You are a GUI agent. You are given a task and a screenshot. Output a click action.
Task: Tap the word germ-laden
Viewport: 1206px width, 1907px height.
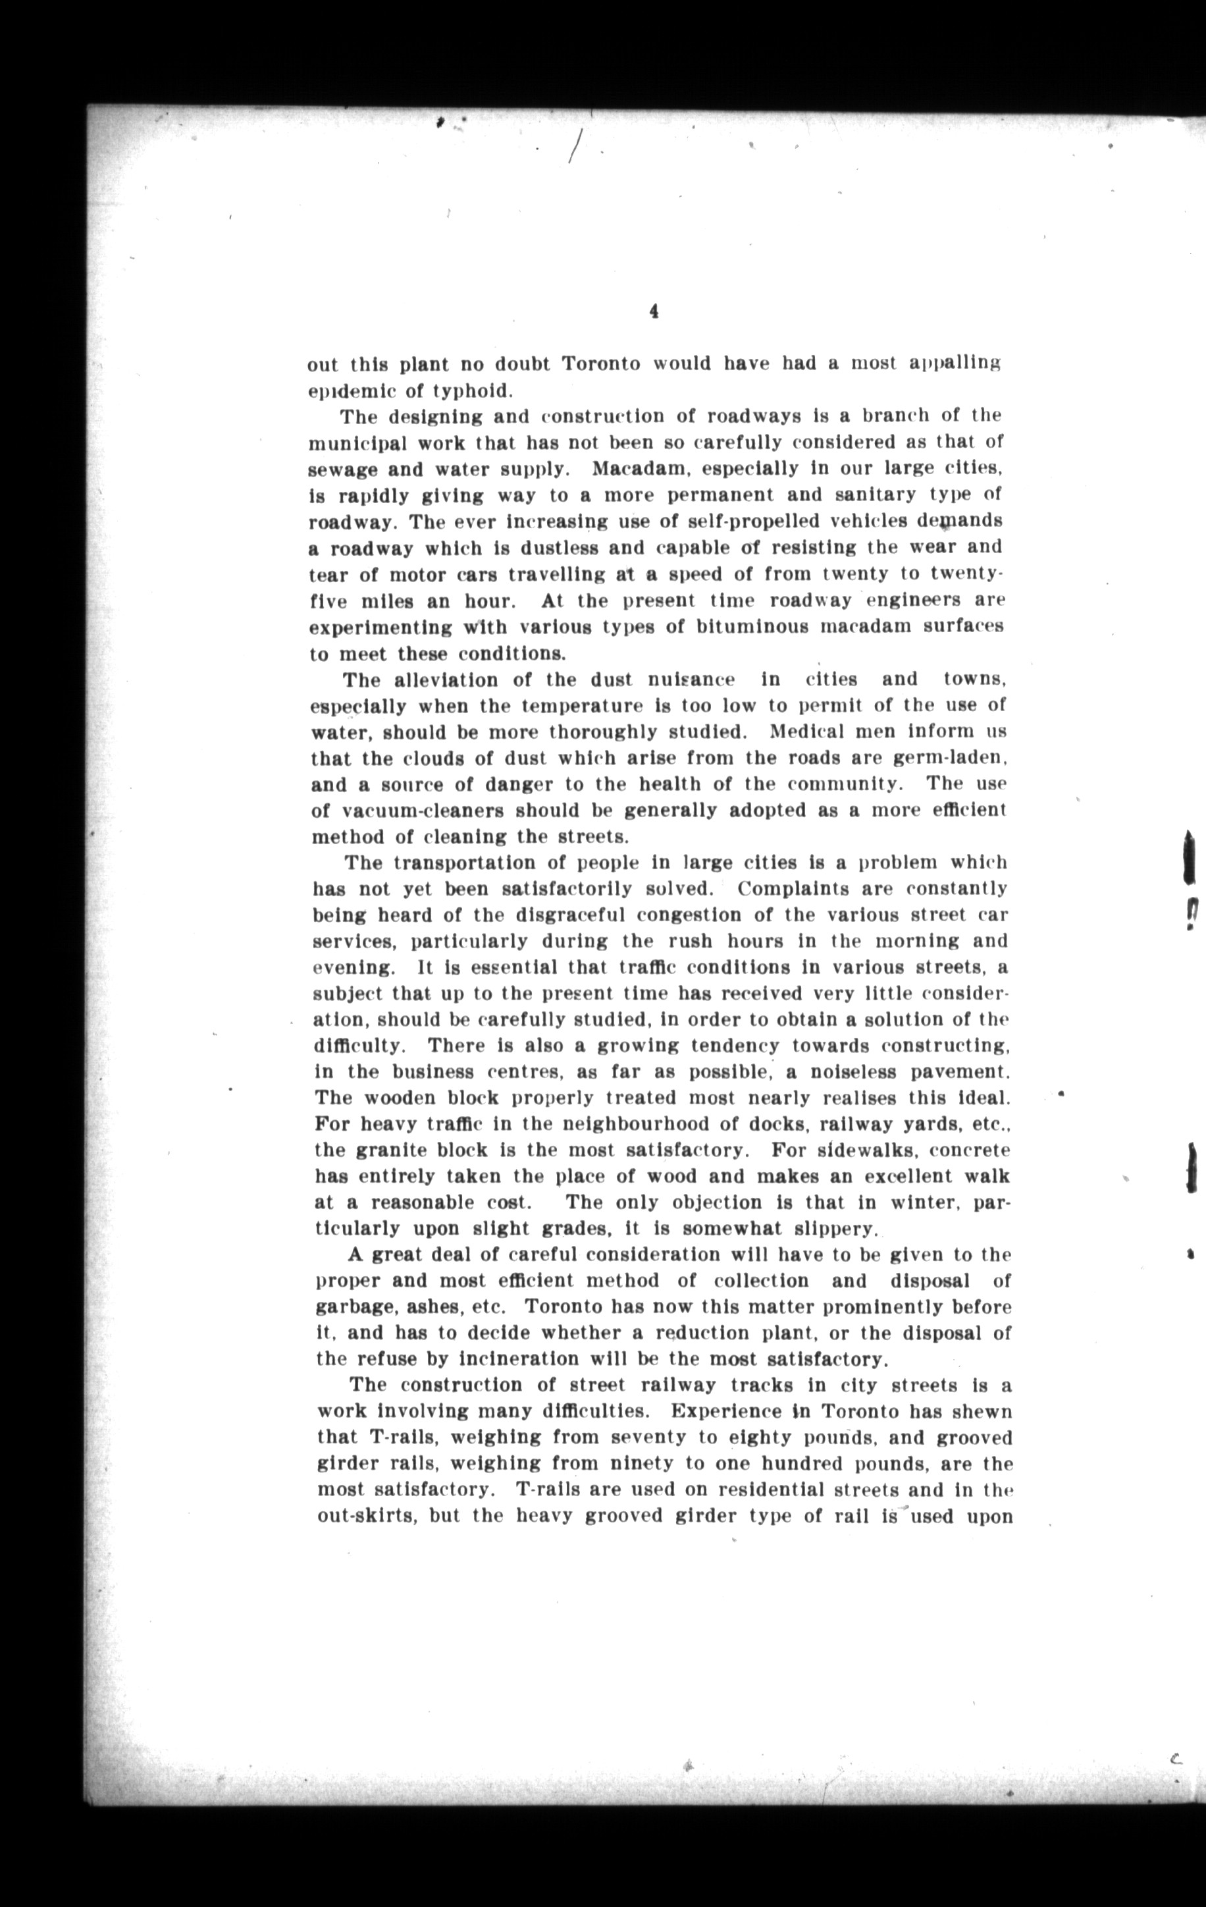pyautogui.click(x=949, y=758)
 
